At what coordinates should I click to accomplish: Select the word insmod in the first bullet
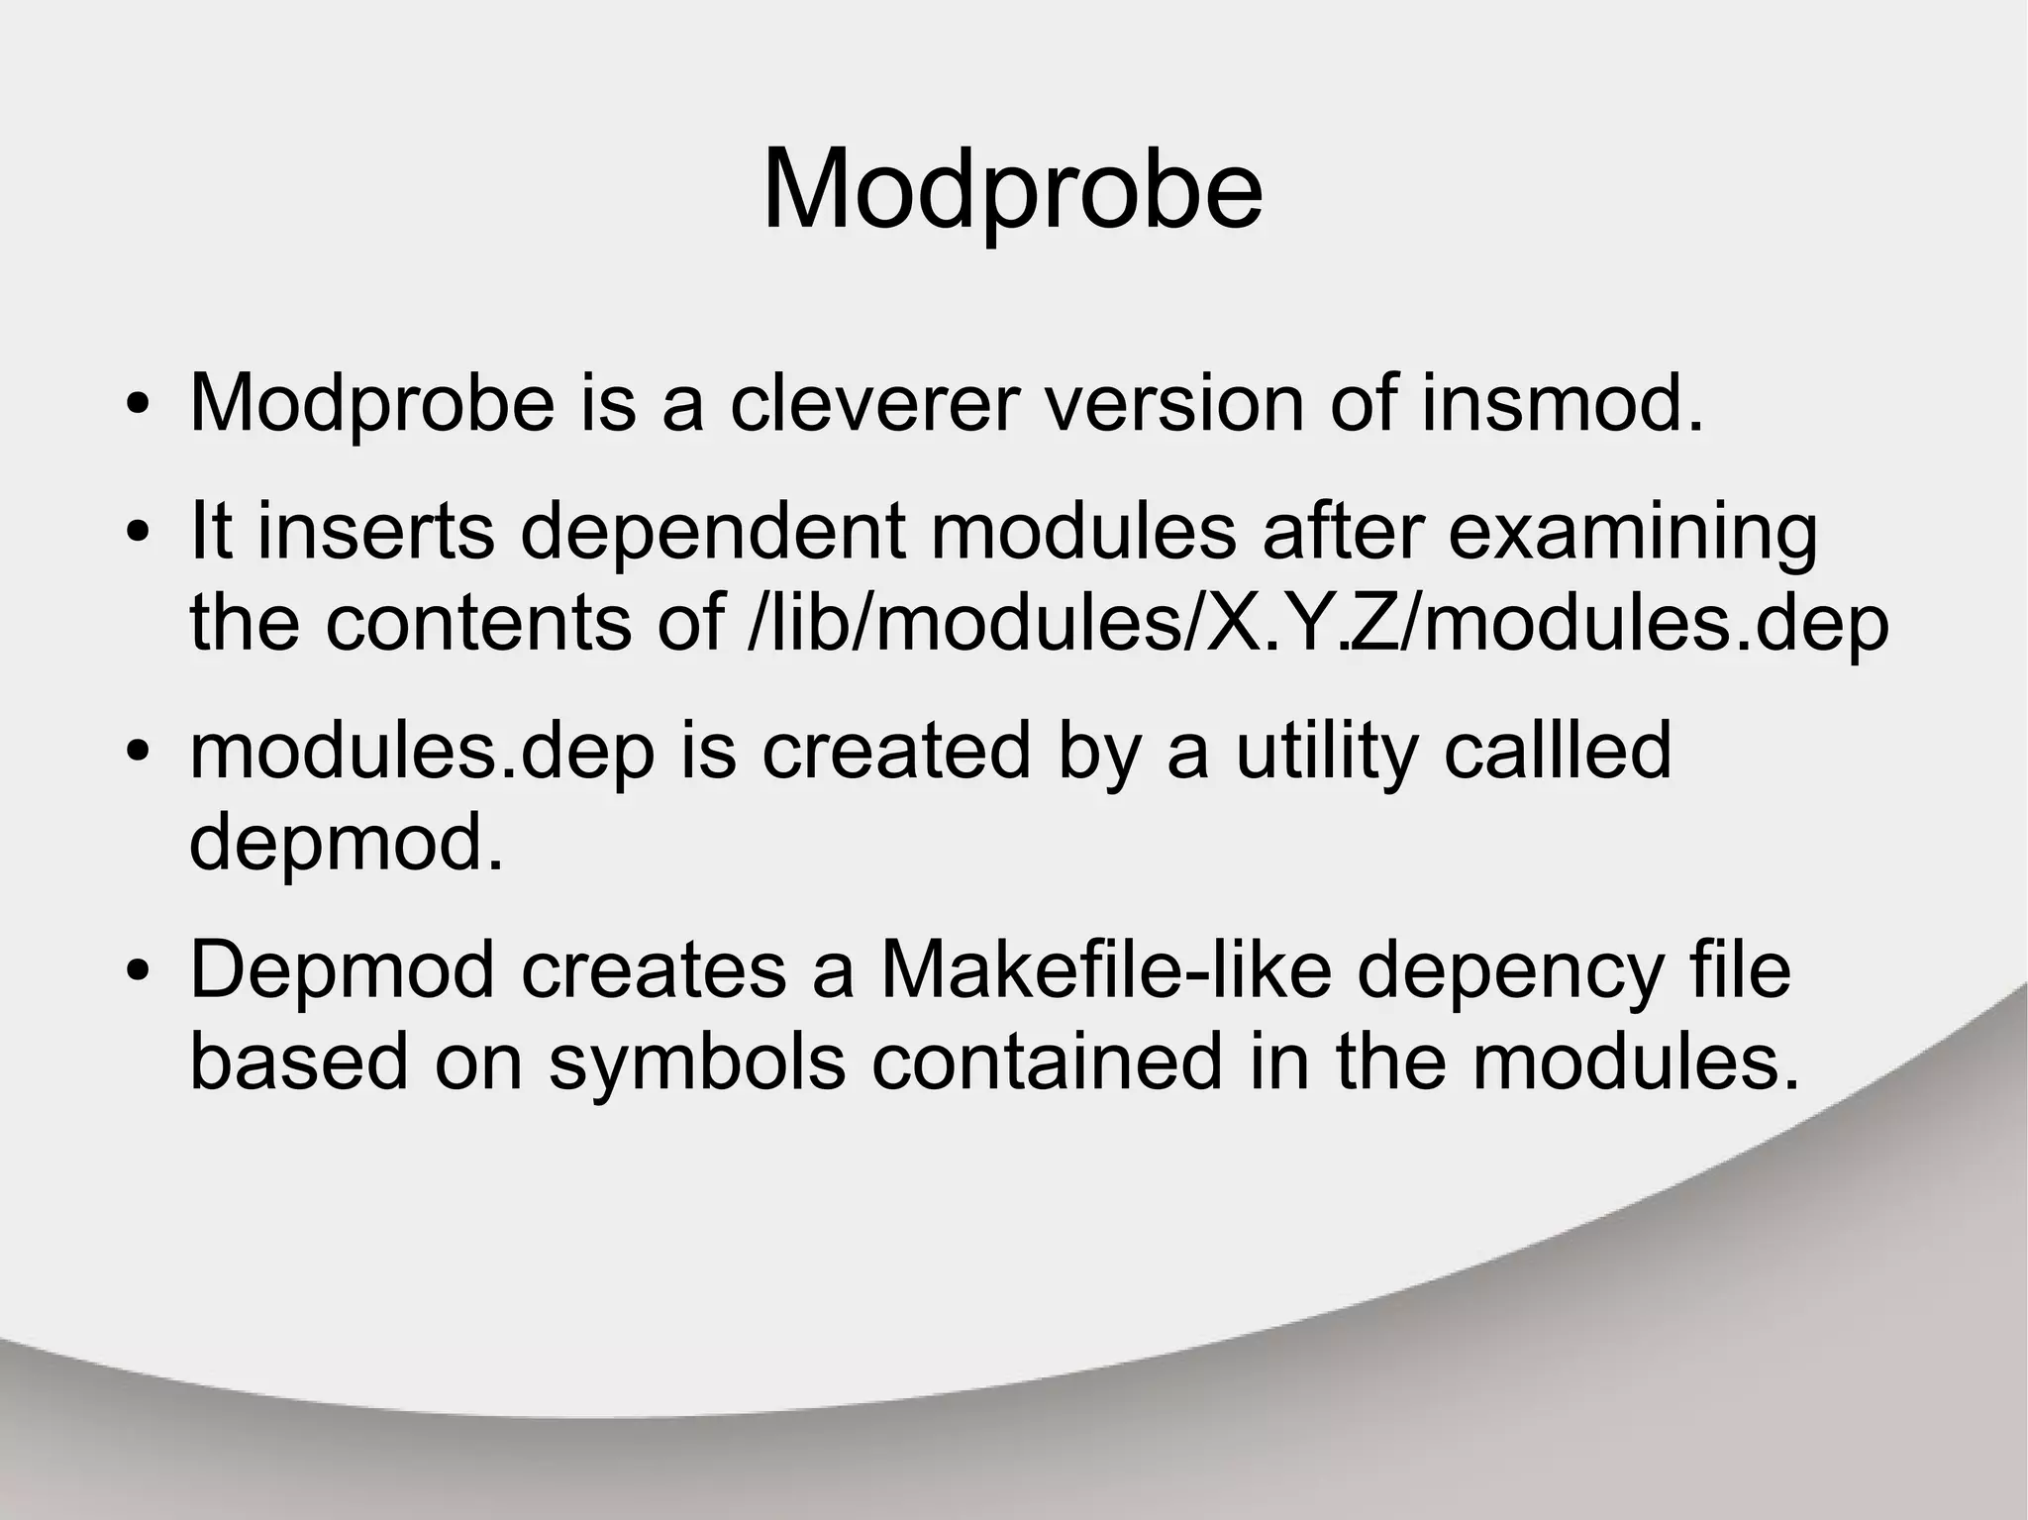coord(1562,403)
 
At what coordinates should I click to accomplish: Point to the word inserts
coord(375,531)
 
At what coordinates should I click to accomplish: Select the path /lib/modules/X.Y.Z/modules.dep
coord(1317,623)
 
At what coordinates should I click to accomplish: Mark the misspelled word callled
coord(1558,751)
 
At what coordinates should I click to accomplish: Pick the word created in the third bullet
coord(896,751)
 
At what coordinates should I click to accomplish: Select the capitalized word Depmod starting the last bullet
coord(342,971)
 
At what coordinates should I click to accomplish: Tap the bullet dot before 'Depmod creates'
coord(138,971)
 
